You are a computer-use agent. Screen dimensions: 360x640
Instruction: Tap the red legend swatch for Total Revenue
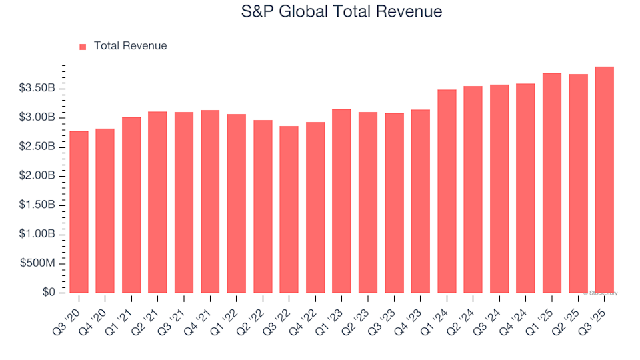(83, 47)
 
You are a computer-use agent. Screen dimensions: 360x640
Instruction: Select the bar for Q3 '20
(79, 212)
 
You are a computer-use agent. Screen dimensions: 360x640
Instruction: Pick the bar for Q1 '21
(131, 205)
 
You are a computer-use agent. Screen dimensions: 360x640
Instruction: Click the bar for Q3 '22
(289, 209)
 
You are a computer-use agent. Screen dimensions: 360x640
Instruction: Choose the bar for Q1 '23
(341, 201)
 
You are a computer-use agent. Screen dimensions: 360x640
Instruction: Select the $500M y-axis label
(41, 264)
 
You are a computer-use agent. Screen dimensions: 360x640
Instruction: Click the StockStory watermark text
(602, 293)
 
